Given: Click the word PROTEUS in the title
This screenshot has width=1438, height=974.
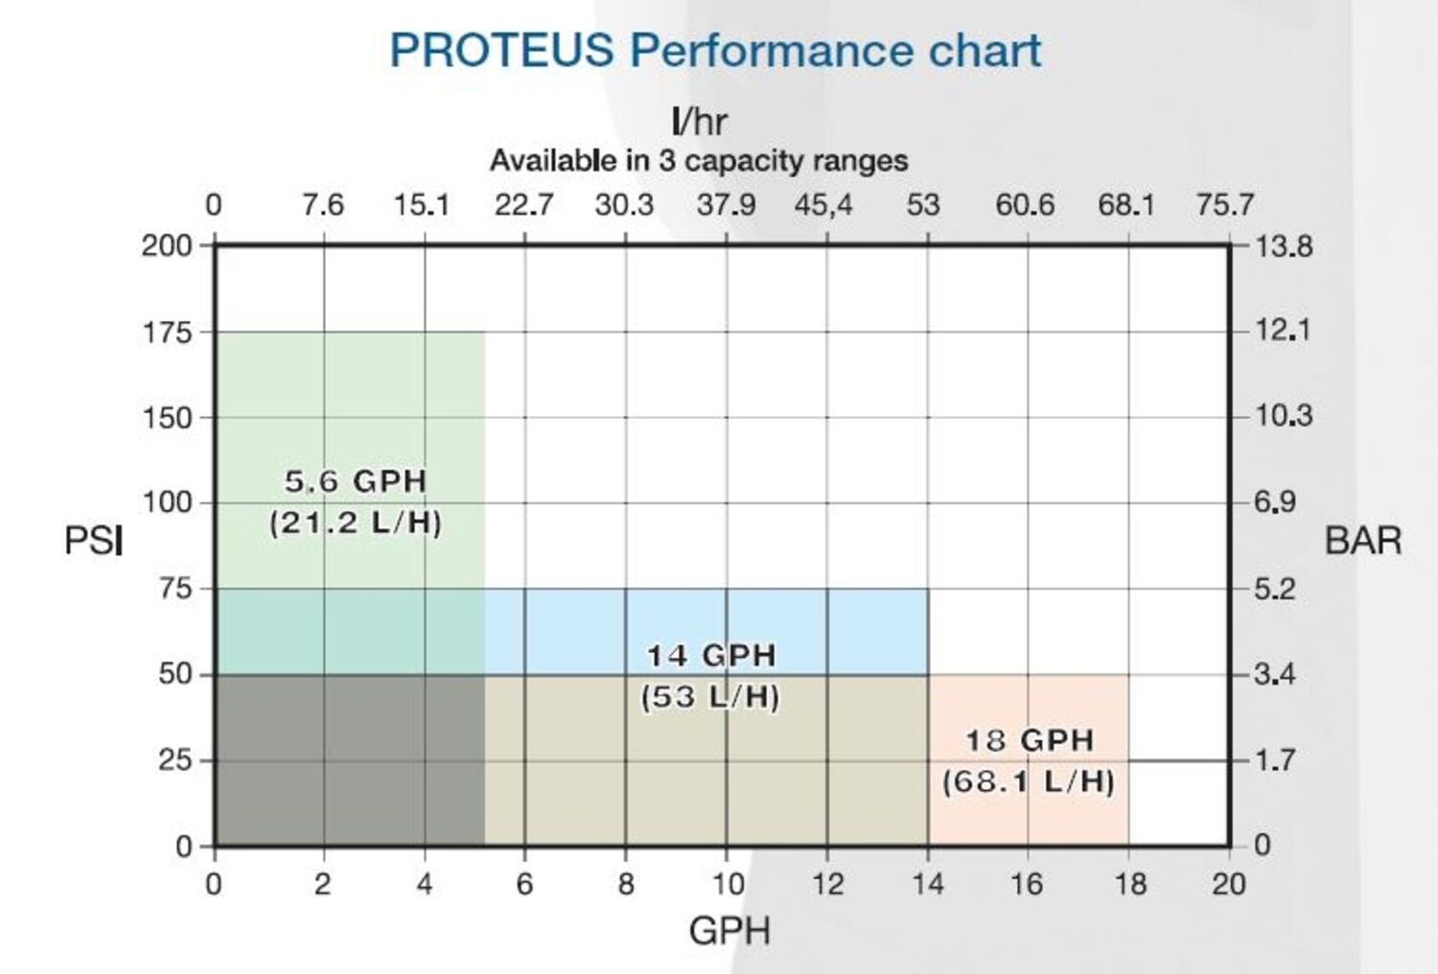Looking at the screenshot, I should coord(501,51).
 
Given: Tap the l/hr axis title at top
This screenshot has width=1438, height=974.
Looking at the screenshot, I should coord(699,122).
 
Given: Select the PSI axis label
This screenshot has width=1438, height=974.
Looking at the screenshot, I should coord(93,541).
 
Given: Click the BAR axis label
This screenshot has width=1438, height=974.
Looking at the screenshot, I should coord(1362,541).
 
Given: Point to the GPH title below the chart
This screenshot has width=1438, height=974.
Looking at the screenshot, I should coord(729,931).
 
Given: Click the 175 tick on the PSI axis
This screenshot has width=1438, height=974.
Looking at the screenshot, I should coord(167,333).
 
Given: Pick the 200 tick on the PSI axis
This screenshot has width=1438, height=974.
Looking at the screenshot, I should coord(167,245).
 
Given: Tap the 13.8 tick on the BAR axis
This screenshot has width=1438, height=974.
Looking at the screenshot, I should coord(1284,246).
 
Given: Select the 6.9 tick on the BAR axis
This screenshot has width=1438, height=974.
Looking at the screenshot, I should coord(1275,501).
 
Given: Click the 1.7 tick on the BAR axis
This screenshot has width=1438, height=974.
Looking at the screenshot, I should coord(1275,760).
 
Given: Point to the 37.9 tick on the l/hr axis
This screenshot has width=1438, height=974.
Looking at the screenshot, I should coord(726,205).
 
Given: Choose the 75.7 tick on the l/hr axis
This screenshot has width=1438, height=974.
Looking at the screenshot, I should coord(1224,205).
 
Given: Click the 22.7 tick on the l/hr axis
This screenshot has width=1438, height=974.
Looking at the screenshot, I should coord(523,205).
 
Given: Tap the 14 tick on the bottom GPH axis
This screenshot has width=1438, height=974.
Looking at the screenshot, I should coord(927,883).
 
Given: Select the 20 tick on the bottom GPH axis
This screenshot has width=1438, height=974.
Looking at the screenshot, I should coord(1228,883).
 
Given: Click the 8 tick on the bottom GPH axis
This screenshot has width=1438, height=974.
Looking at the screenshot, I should coord(626,883).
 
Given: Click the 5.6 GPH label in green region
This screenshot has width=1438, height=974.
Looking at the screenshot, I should coord(355,481).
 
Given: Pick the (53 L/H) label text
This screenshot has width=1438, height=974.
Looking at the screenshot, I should coord(710,697).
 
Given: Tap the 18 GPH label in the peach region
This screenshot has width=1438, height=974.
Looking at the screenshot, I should coord(1029,740).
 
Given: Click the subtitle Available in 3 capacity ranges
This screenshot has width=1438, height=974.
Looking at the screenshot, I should coord(699,160).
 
